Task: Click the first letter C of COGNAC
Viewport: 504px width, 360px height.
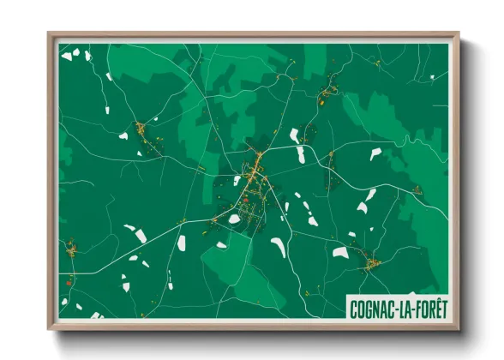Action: (x=354, y=309)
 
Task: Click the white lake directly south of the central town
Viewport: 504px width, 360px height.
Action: (x=234, y=219)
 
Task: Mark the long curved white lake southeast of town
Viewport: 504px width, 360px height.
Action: (x=279, y=248)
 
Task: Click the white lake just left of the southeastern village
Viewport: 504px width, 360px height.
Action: (x=340, y=253)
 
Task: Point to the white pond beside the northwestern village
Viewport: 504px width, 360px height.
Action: (x=123, y=135)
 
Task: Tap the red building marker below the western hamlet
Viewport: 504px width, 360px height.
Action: (x=66, y=281)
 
